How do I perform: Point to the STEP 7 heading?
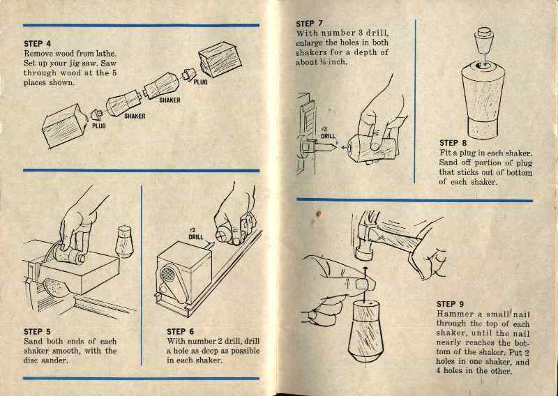(x=310, y=24)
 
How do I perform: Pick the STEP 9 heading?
(x=450, y=304)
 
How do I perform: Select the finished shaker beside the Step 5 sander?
(x=124, y=241)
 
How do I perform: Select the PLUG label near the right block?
(x=200, y=82)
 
